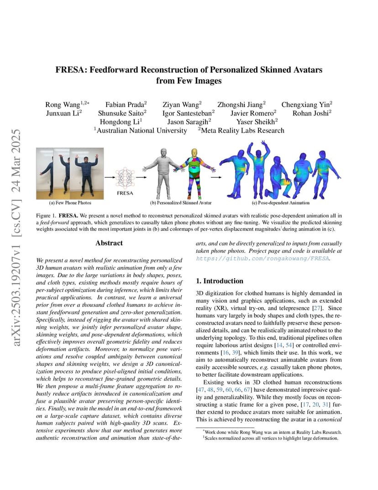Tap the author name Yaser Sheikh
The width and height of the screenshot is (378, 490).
coord(257,122)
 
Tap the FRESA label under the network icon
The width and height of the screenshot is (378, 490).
coord(125,193)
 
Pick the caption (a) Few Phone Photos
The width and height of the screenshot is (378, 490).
coord(70,202)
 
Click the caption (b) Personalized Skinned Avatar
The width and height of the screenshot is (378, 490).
coord(181,202)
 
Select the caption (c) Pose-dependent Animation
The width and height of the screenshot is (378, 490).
coord(280,202)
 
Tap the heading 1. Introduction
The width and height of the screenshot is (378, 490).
coord(220,281)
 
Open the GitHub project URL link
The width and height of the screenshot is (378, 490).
coord(262,258)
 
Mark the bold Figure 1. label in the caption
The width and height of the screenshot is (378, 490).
coord(46,214)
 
